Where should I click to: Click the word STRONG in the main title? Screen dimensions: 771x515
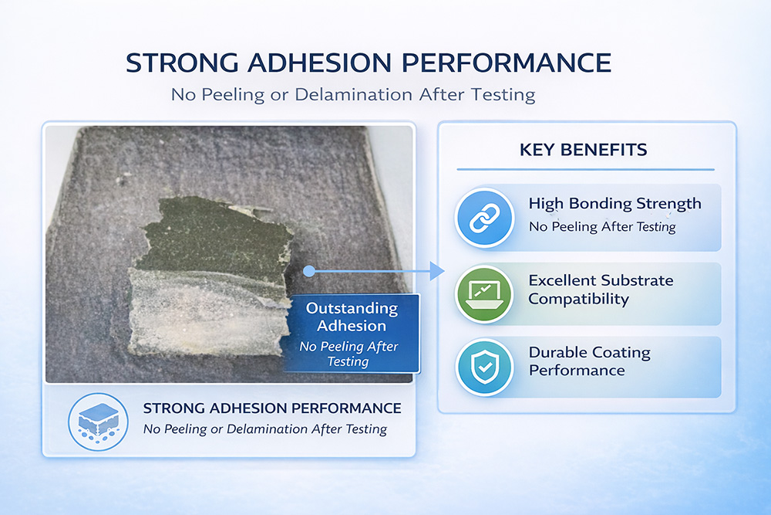(x=183, y=63)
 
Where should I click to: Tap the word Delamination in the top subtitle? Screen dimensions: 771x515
(x=353, y=94)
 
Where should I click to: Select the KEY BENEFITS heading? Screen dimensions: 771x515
(x=583, y=150)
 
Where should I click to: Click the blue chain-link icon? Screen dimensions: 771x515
(x=485, y=218)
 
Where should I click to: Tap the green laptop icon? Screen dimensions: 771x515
(x=485, y=294)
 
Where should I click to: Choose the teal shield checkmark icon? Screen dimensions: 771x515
(x=485, y=368)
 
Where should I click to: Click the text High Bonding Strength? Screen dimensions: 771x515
(x=614, y=204)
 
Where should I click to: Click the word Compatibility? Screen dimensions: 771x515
(x=579, y=300)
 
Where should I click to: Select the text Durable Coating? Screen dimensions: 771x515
(x=590, y=353)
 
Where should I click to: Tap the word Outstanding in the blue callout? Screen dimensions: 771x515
(x=352, y=309)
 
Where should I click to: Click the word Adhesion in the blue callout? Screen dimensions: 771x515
(x=352, y=326)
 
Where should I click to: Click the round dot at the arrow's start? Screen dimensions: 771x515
(x=309, y=271)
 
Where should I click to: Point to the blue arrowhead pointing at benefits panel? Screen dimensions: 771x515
(x=436, y=271)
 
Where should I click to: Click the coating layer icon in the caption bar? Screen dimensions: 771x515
(x=99, y=422)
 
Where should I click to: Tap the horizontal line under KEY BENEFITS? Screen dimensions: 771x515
(x=585, y=169)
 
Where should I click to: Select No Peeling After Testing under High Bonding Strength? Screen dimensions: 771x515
(x=602, y=227)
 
